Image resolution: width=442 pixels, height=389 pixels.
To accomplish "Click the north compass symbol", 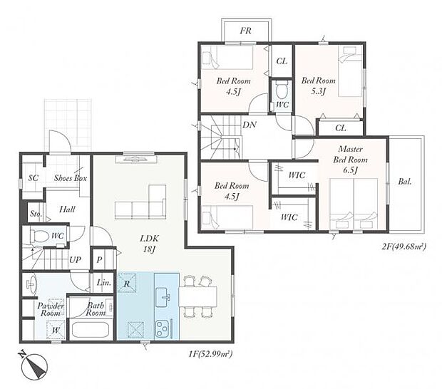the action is coord(34,366).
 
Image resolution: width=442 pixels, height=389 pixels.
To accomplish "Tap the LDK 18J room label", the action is coord(150,244).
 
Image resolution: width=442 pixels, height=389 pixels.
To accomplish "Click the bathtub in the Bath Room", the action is coord(91,330).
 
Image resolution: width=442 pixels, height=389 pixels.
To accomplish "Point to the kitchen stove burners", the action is coord(162,328).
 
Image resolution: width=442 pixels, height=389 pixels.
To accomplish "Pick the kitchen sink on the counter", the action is coord(163,297).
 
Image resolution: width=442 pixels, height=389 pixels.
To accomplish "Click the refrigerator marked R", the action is coord(127,283).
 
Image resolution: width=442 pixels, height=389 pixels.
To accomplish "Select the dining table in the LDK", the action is coord(198,296).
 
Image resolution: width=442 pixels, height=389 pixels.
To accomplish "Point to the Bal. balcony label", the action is coord(405,182).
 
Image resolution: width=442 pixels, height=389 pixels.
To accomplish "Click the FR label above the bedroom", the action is coord(245,31).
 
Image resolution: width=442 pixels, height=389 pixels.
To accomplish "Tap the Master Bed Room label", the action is coord(350,160).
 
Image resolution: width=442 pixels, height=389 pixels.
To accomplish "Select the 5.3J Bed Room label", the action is coord(318,85).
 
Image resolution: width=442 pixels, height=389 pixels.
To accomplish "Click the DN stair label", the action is coord(250,125).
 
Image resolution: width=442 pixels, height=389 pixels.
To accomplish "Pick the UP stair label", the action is coord(75,260).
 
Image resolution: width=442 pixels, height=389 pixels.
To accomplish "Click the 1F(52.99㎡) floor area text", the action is coord(210,353).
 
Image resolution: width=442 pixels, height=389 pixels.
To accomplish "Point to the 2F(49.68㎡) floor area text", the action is coord(404,247).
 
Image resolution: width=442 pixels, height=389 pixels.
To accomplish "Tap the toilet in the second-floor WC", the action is coord(282,90).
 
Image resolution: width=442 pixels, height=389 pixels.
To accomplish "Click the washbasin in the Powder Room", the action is coord(31,284).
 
